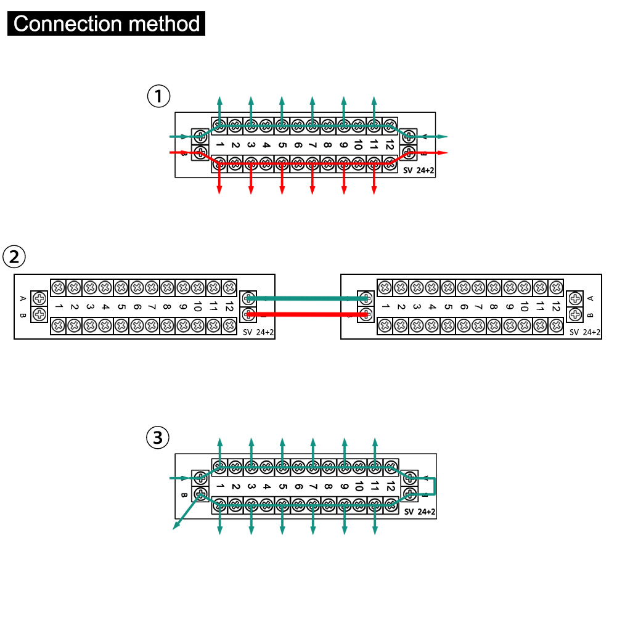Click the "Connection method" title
pos(107,24)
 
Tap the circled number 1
pos(158,96)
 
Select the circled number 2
pos(14,256)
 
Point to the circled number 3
pos(158,438)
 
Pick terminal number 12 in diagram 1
pos(389,145)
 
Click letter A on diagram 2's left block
pos(23,298)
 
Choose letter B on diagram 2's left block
pos(23,316)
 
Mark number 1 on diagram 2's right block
pos(385,306)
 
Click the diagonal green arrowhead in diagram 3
pos(176,526)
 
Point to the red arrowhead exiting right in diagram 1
pos(443,152)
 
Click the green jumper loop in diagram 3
pos(435,486)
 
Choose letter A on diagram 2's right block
pos(591,298)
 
